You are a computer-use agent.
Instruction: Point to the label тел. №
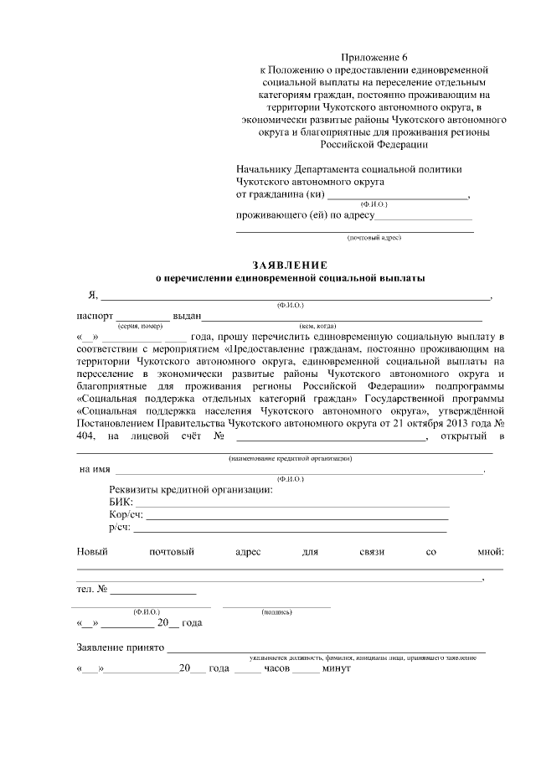click(x=92, y=589)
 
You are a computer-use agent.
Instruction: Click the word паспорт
click(x=94, y=317)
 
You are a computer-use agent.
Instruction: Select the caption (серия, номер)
click(x=140, y=326)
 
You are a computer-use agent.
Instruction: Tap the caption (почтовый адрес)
click(x=374, y=238)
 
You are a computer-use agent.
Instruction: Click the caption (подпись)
click(x=276, y=612)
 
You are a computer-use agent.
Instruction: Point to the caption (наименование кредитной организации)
click(x=290, y=459)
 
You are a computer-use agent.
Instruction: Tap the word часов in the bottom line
click(x=277, y=670)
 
